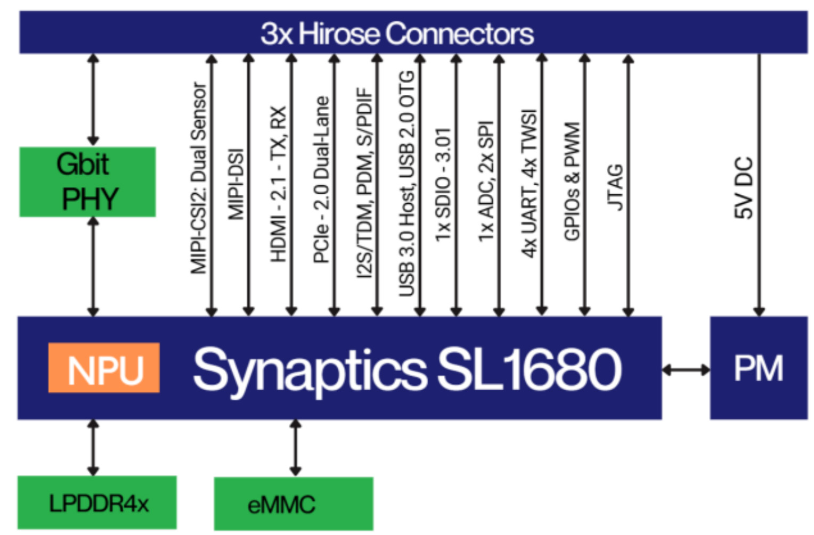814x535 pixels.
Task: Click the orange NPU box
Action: click(104, 368)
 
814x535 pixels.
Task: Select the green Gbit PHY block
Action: click(87, 182)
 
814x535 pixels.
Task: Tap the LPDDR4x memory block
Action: click(97, 503)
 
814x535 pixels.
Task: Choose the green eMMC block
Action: click(293, 504)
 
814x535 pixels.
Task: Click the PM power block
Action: click(758, 368)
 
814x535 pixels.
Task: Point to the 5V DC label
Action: click(744, 187)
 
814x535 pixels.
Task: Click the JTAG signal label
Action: click(615, 187)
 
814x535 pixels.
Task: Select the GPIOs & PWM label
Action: click(572, 182)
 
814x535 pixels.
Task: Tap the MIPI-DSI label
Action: click(235, 184)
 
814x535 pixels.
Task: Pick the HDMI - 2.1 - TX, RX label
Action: click(279, 184)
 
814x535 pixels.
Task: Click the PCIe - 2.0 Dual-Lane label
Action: click(321, 180)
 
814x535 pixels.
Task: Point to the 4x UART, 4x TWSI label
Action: click(529, 184)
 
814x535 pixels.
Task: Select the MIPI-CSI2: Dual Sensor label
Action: click(198, 178)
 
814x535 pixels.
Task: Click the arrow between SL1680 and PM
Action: click(686, 369)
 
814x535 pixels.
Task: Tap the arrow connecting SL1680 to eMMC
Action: click(296, 448)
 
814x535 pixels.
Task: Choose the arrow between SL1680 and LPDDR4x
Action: click(93, 448)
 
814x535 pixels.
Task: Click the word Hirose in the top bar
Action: click(339, 34)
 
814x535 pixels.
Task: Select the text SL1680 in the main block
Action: click(528, 369)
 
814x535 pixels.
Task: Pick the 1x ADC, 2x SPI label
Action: click(486, 182)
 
